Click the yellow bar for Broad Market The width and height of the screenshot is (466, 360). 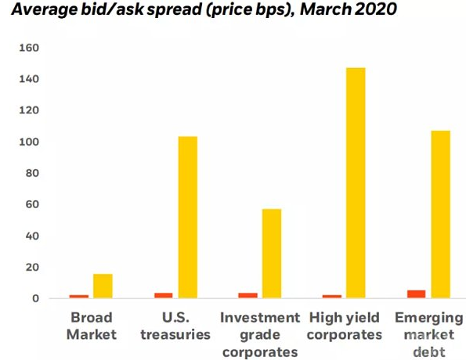103,286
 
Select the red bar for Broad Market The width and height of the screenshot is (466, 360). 79,297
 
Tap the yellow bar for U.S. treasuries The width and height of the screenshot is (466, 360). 187,218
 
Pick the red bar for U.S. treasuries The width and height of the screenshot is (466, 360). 164,296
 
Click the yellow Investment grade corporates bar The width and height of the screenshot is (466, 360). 272,254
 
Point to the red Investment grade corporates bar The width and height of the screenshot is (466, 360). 247,296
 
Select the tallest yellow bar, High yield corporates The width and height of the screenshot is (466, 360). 356,183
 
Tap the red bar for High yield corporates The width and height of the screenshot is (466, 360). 332,297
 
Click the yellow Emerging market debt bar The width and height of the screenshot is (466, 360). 441,214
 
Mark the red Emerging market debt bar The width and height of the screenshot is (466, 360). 417,294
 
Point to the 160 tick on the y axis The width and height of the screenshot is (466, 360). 29,48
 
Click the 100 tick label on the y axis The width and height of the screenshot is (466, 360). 29,142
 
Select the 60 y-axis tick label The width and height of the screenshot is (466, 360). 32,205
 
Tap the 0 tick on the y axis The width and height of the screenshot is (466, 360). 36,298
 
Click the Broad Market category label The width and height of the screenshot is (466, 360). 92,326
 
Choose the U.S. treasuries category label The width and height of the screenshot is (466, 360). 175,326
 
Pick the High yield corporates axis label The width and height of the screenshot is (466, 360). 345,326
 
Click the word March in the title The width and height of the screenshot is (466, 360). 325,9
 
